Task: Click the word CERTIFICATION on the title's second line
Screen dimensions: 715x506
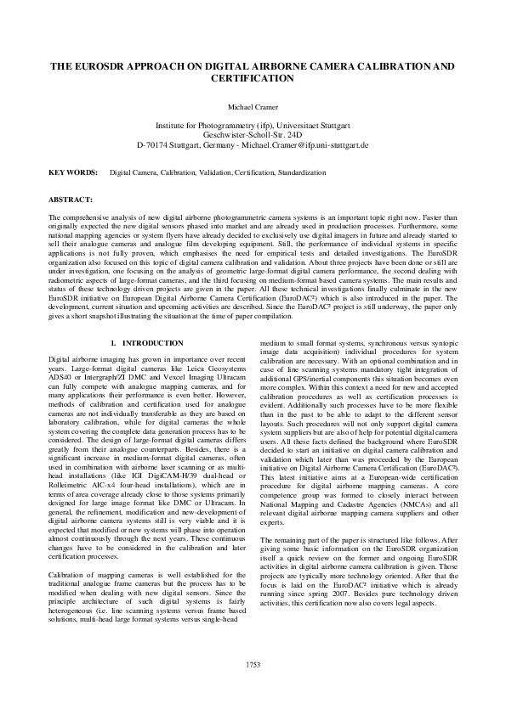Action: pos(253,77)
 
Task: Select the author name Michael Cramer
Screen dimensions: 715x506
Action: pos(253,108)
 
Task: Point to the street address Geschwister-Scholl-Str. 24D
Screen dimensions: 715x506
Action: pos(253,134)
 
